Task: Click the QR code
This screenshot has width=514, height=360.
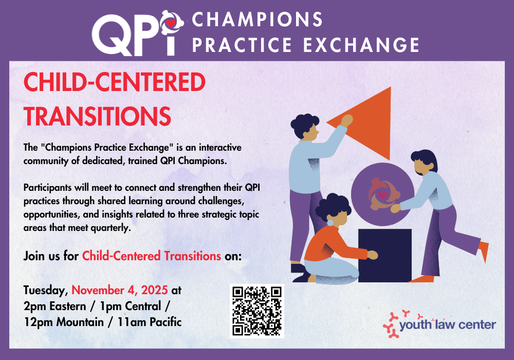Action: pos(257,311)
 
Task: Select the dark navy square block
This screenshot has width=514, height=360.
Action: pos(384,256)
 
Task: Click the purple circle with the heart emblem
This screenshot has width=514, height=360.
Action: pos(382,194)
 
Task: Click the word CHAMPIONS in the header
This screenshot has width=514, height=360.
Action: pos(258,20)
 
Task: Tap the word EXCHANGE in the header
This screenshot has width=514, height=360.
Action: pos(361,45)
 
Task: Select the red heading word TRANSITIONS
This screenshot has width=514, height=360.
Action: pos(97,116)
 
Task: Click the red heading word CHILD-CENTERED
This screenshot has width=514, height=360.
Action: pos(115,82)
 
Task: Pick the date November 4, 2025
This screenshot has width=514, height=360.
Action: pos(120,290)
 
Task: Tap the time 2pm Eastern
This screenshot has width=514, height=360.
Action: pos(55,307)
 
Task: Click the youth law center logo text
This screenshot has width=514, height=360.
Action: pos(448,325)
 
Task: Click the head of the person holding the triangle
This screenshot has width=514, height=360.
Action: pos(305,127)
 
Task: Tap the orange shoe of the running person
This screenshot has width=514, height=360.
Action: pos(484,251)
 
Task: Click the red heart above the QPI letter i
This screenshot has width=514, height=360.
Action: pos(171,23)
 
